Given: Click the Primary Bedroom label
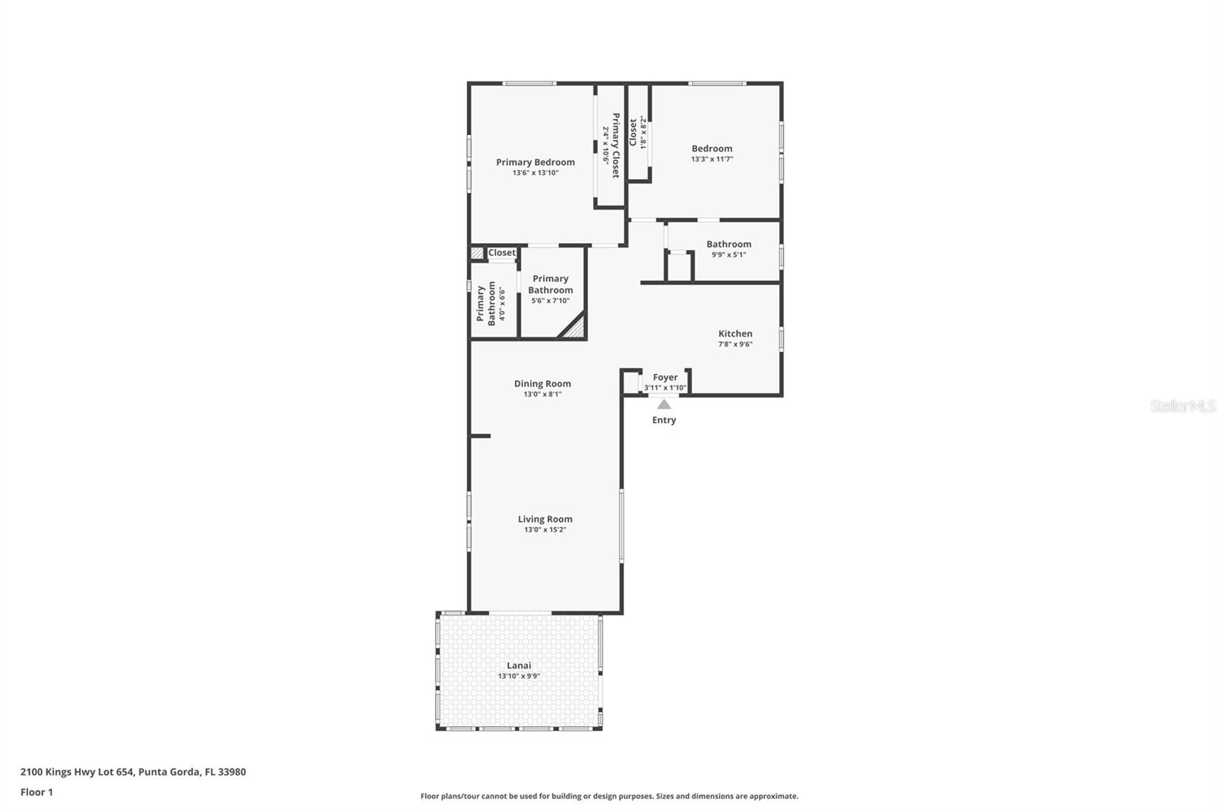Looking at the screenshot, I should tap(535, 162).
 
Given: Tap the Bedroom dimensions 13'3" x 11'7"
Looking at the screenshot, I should tap(712, 159).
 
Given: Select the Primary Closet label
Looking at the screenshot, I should tap(616, 145).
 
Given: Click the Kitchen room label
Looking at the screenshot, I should tap(735, 334).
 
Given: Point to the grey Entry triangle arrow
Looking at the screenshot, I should tap(664, 404).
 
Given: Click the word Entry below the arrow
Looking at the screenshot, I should tap(664, 420).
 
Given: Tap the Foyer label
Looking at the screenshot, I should tap(665, 377).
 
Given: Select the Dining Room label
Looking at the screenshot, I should tap(542, 384).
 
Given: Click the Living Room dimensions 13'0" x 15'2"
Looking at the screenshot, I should tap(545, 529).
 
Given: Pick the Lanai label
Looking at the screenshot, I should tap(519, 665).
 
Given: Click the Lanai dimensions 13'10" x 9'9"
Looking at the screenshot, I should tap(519, 676).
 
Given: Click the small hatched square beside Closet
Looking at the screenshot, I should tap(477, 253).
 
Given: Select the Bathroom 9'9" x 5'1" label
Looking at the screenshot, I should tap(728, 245).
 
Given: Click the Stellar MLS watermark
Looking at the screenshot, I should tap(1182, 406).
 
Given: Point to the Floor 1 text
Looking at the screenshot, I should tap(37, 792).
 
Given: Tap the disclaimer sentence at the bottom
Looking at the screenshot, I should tap(609, 796).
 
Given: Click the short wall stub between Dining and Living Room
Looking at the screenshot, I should tap(480, 436).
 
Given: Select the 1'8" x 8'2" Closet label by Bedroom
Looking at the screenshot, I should tap(633, 133).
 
